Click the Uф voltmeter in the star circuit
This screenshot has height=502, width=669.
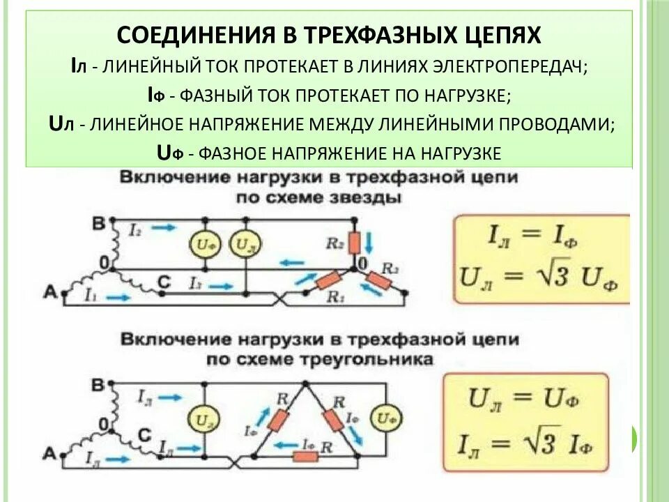click(202, 245)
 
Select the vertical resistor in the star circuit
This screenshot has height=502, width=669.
click(354, 243)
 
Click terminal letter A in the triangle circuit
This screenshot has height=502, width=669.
click(49, 455)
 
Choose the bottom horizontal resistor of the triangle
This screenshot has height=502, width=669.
click(305, 456)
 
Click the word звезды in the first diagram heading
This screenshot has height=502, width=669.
click(367, 197)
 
